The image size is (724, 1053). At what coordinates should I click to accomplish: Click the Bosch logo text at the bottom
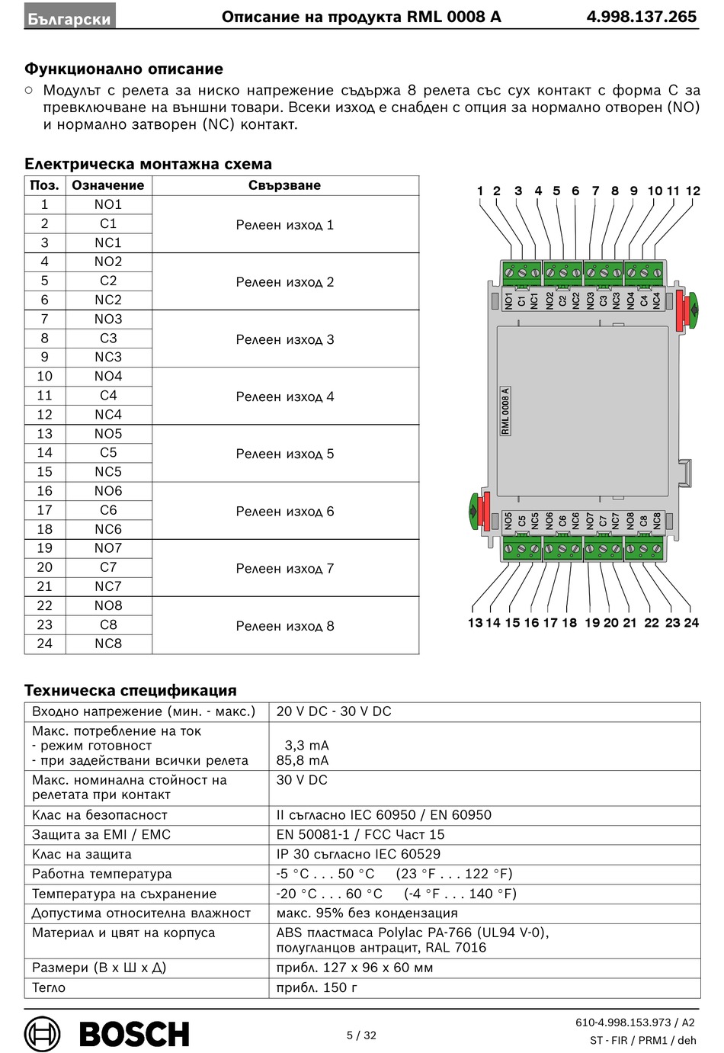click(x=134, y=1034)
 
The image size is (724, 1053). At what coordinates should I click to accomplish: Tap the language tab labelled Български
click(x=69, y=18)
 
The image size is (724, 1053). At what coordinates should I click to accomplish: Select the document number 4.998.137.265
click(x=641, y=17)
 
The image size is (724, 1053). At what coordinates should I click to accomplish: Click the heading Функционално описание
click(x=123, y=69)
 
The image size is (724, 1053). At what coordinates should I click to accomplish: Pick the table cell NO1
click(x=108, y=204)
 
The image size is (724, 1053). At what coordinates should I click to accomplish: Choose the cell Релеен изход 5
click(x=285, y=454)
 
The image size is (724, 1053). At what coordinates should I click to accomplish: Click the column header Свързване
click(x=285, y=185)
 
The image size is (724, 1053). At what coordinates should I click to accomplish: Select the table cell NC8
click(x=108, y=644)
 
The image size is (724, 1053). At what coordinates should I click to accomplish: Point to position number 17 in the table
click(x=45, y=510)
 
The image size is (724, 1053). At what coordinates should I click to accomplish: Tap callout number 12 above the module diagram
click(x=693, y=191)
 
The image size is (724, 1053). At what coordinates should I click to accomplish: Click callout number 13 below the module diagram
click(x=475, y=622)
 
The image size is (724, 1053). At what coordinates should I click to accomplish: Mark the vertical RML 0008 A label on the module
click(x=505, y=411)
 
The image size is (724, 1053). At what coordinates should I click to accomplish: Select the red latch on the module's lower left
click(x=486, y=511)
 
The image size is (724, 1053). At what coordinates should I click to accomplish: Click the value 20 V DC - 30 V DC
click(x=334, y=711)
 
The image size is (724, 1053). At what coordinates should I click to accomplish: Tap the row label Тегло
click(x=49, y=987)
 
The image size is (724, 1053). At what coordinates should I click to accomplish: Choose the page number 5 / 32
click(x=361, y=1035)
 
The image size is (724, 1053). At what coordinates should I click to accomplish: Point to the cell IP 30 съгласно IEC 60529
click(x=358, y=854)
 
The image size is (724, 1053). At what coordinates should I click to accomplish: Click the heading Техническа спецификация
click(x=130, y=690)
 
